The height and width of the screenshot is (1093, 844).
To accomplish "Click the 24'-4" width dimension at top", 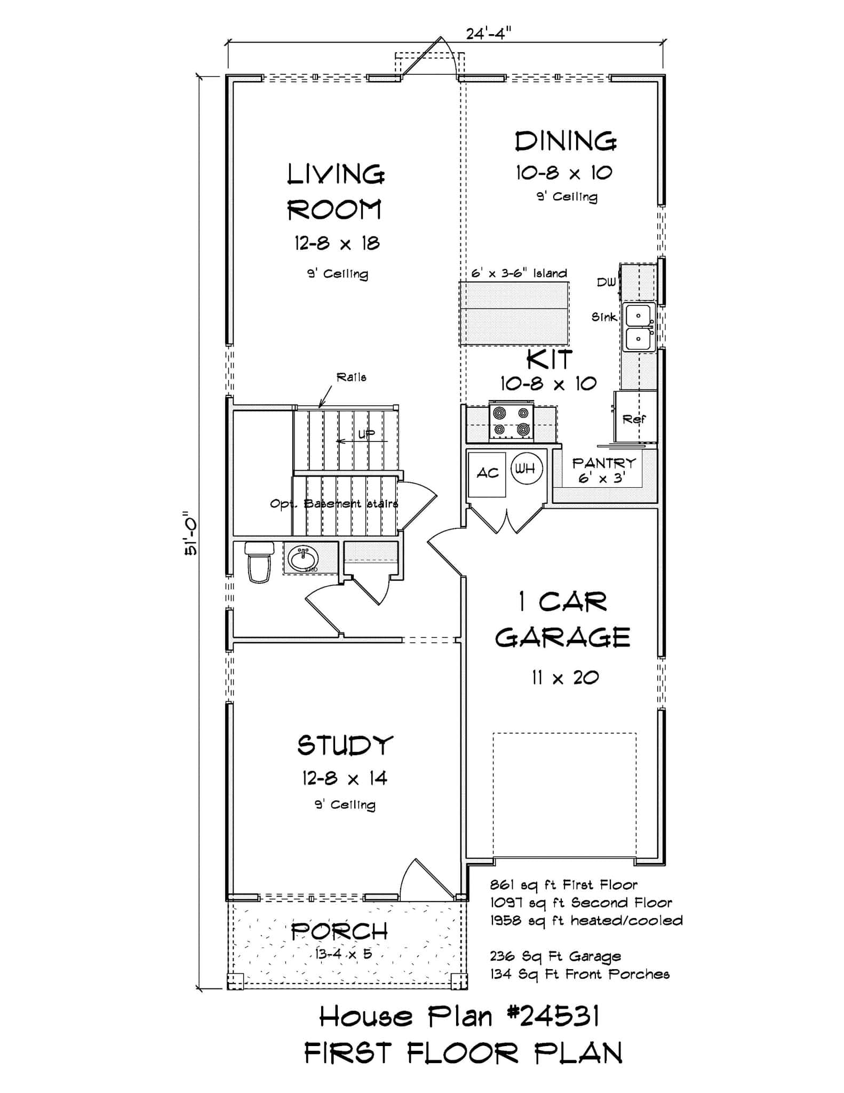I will pyautogui.click(x=488, y=34).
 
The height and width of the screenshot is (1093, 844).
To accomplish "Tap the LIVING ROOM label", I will pyautogui.click(x=336, y=192).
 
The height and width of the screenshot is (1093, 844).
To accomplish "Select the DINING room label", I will pyautogui.click(x=566, y=141).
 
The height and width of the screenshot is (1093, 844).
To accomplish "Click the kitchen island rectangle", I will pyautogui.click(x=514, y=313).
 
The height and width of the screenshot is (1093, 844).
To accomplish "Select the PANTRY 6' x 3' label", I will pyautogui.click(x=603, y=470).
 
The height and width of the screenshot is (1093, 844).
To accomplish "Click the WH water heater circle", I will pyautogui.click(x=526, y=469).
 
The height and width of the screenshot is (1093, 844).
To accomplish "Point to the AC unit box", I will pyautogui.click(x=487, y=473).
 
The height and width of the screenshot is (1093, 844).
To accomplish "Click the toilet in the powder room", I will pyautogui.click(x=259, y=562).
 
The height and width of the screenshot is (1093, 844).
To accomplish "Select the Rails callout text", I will pyautogui.click(x=351, y=377).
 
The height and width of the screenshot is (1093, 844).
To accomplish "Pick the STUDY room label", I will pyautogui.click(x=345, y=746).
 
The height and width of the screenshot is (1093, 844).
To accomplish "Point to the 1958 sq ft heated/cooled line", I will pyautogui.click(x=586, y=921).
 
